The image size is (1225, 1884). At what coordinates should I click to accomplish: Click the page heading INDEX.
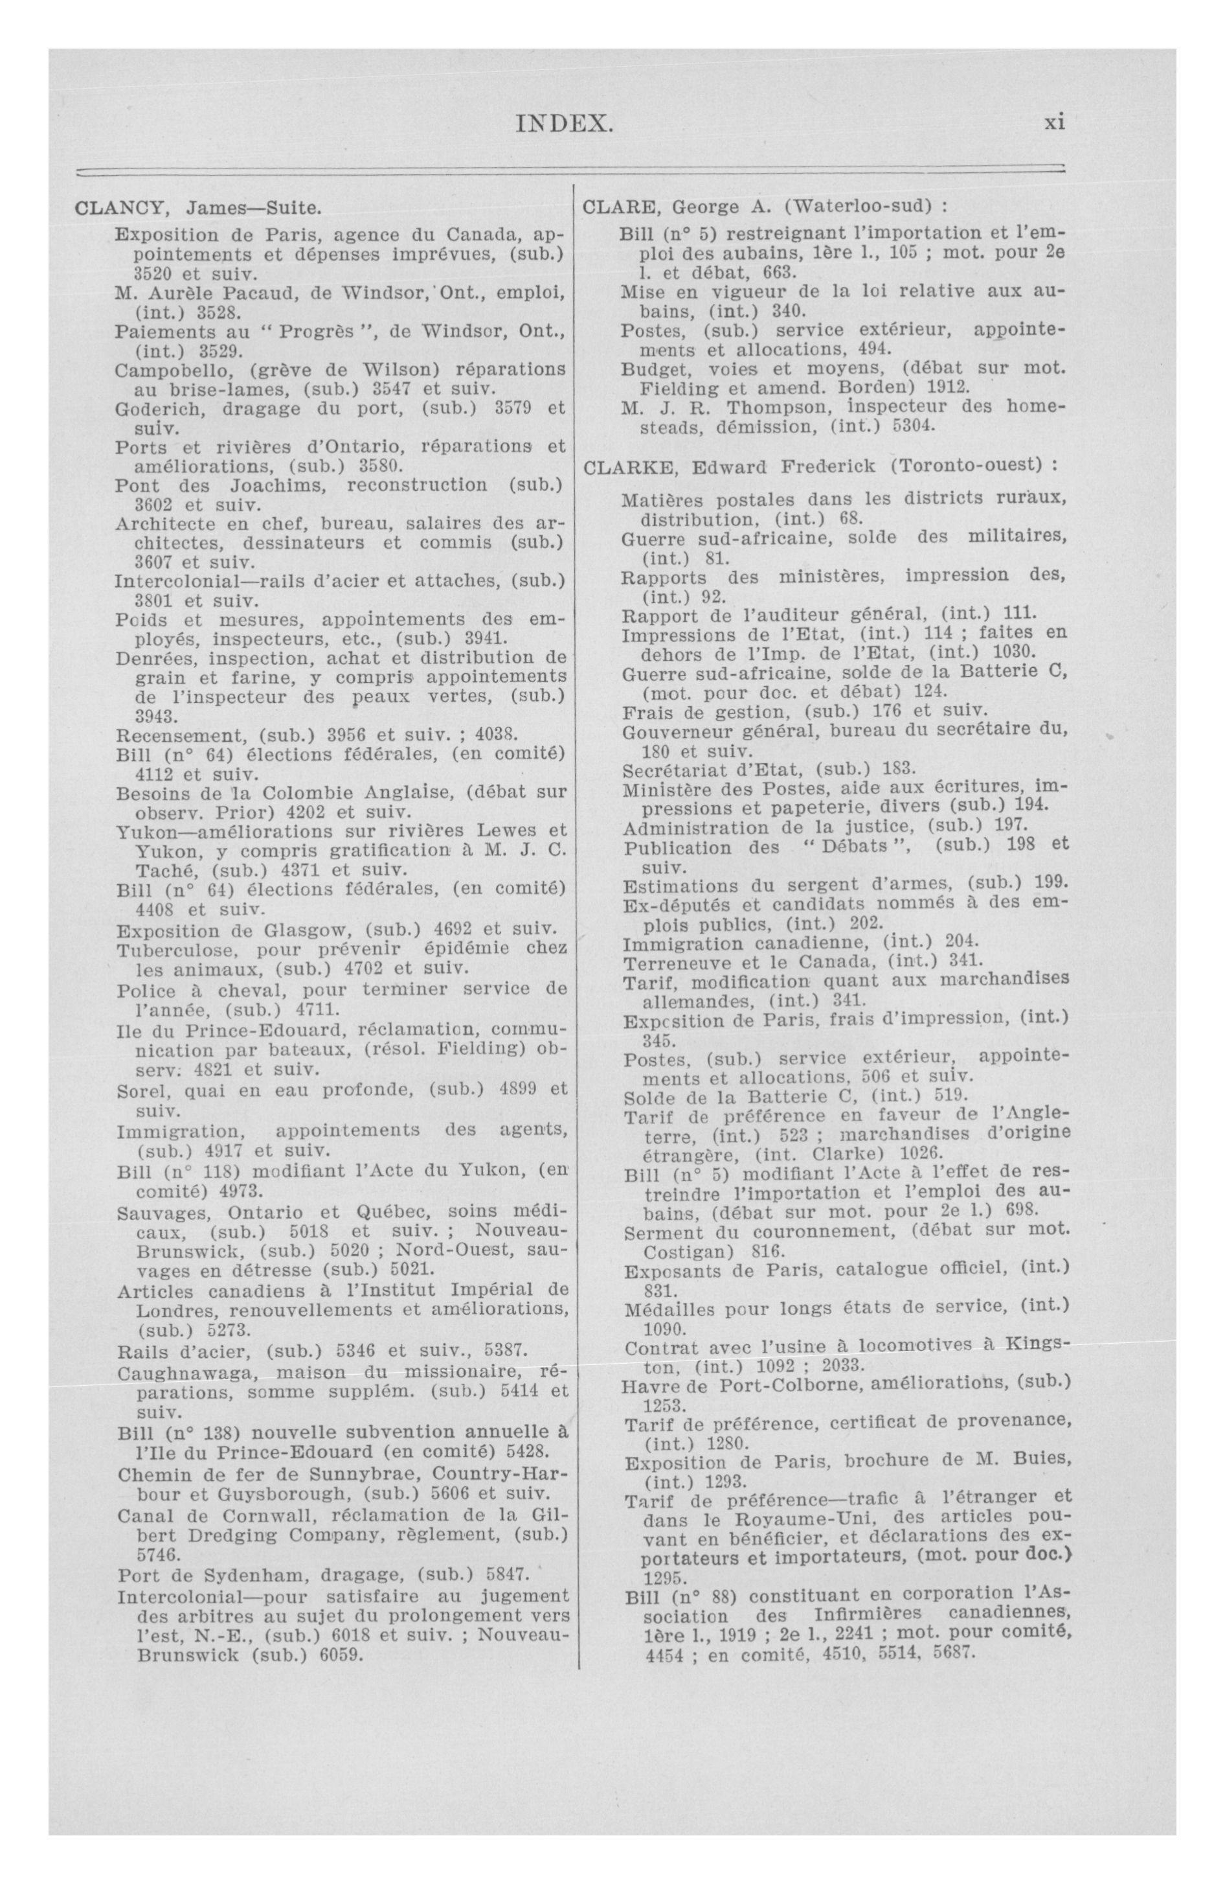click(563, 124)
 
